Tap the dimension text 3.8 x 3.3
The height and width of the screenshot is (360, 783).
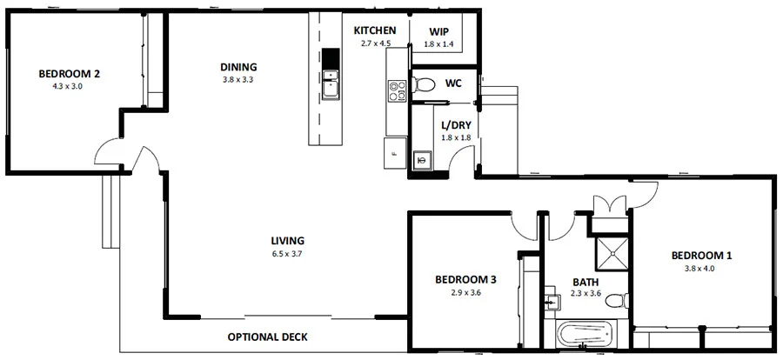238,80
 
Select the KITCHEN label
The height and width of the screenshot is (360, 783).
375,30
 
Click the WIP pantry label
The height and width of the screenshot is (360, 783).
439,30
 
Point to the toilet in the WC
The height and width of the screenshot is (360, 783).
425,84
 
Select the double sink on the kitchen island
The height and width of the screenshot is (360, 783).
330,85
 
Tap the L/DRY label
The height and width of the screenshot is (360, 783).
457,124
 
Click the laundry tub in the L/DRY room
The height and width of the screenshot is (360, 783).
422,160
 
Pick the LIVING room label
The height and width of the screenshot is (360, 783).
287,241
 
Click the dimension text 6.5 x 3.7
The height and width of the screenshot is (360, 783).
287,254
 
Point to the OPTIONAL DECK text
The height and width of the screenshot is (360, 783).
267,337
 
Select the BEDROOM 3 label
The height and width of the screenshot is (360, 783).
465,279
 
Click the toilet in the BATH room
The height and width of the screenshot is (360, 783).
616,301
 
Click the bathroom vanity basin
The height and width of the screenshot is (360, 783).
552,301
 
